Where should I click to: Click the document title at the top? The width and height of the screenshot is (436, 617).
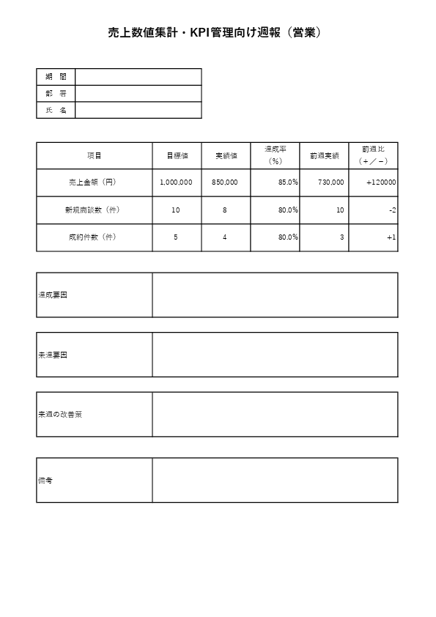coord(218,32)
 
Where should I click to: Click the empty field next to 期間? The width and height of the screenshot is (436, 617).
coord(138,77)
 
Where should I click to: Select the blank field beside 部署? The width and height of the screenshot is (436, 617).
coord(138,93)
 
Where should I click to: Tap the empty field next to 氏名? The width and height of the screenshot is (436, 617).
coord(138,110)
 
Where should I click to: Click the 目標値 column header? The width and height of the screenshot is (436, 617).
coord(176,156)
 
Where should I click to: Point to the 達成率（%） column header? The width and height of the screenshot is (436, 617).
coord(275,155)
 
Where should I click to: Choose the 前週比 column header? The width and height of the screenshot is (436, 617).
coord(373,155)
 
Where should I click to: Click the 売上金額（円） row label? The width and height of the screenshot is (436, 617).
coord(94,182)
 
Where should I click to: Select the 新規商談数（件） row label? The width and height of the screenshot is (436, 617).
coord(94,210)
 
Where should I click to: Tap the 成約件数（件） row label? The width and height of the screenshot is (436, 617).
coord(94,237)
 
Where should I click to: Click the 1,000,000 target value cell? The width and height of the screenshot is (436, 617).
coord(176,182)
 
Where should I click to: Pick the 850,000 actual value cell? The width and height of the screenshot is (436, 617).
coord(224,182)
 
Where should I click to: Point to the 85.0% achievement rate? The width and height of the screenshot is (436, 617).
coord(288,182)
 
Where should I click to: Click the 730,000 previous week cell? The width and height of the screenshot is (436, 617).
coord(331,182)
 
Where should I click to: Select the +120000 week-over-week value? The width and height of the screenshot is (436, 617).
coord(381,182)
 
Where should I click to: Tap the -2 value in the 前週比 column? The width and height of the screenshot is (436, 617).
coord(393,210)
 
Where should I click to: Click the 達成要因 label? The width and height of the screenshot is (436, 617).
coord(53,295)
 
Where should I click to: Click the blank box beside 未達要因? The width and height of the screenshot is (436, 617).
coord(275,355)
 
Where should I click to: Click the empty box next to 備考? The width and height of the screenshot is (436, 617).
coord(275,481)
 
